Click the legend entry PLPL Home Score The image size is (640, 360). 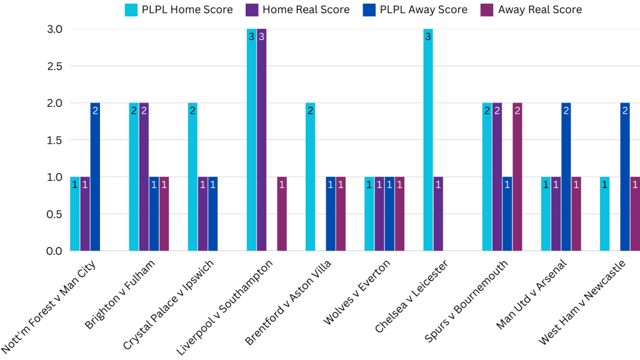tap(179, 9)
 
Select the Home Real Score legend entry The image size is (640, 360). tap(297, 9)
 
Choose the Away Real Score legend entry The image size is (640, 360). tap(531, 9)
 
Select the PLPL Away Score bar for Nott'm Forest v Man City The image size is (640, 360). tap(95, 177)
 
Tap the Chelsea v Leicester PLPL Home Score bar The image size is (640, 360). tap(428, 140)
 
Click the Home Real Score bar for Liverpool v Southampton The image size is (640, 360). tap(261, 140)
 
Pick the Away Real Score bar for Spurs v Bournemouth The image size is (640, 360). tap(517, 177)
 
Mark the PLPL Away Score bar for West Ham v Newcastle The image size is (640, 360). tap(625, 177)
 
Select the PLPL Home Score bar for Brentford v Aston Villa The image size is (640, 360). tap(311, 177)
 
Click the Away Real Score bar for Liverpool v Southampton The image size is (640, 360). tap(282, 214)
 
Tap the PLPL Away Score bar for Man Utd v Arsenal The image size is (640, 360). tap(566, 177)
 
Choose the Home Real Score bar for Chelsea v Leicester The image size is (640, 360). tap(438, 214)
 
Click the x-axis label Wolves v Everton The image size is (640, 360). tap(357, 292)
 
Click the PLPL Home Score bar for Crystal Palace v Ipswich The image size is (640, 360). tap(192, 177)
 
